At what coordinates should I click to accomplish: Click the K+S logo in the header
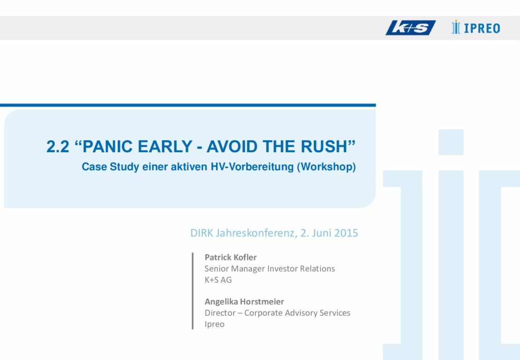[410, 28]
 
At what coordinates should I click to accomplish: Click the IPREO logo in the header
[475, 27]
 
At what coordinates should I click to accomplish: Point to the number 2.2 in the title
[58, 147]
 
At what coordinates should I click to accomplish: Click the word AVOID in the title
[232, 147]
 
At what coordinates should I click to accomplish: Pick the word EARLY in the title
[165, 147]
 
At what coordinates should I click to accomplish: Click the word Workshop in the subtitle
[327, 167]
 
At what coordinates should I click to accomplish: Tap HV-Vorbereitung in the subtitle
[252, 167]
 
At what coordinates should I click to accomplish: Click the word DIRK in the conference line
[202, 233]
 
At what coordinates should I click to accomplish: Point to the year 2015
[346, 233]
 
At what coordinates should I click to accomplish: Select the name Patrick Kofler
[231, 257]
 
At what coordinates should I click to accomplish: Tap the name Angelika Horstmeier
[244, 302]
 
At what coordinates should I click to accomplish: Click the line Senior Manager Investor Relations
[270, 269]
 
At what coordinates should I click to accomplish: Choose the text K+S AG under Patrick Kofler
[218, 280]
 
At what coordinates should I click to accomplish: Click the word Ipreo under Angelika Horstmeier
[214, 324]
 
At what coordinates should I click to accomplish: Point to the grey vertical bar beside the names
[192, 291]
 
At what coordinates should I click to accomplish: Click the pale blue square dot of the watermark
[451, 142]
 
